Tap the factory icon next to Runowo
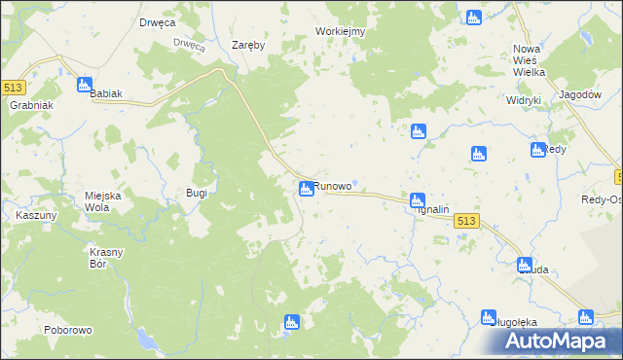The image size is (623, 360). point(306,188)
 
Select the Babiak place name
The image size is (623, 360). point(106,93)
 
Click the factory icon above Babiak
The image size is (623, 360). point(85,85)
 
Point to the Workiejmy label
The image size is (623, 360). point(340,31)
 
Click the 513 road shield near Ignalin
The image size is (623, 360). point(466,222)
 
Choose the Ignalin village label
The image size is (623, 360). point(432,209)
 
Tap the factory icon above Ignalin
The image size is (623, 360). point(417,199)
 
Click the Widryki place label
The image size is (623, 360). point(523,100)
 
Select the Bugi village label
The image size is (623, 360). point(197,193)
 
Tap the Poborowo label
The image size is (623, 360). point(67,330)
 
